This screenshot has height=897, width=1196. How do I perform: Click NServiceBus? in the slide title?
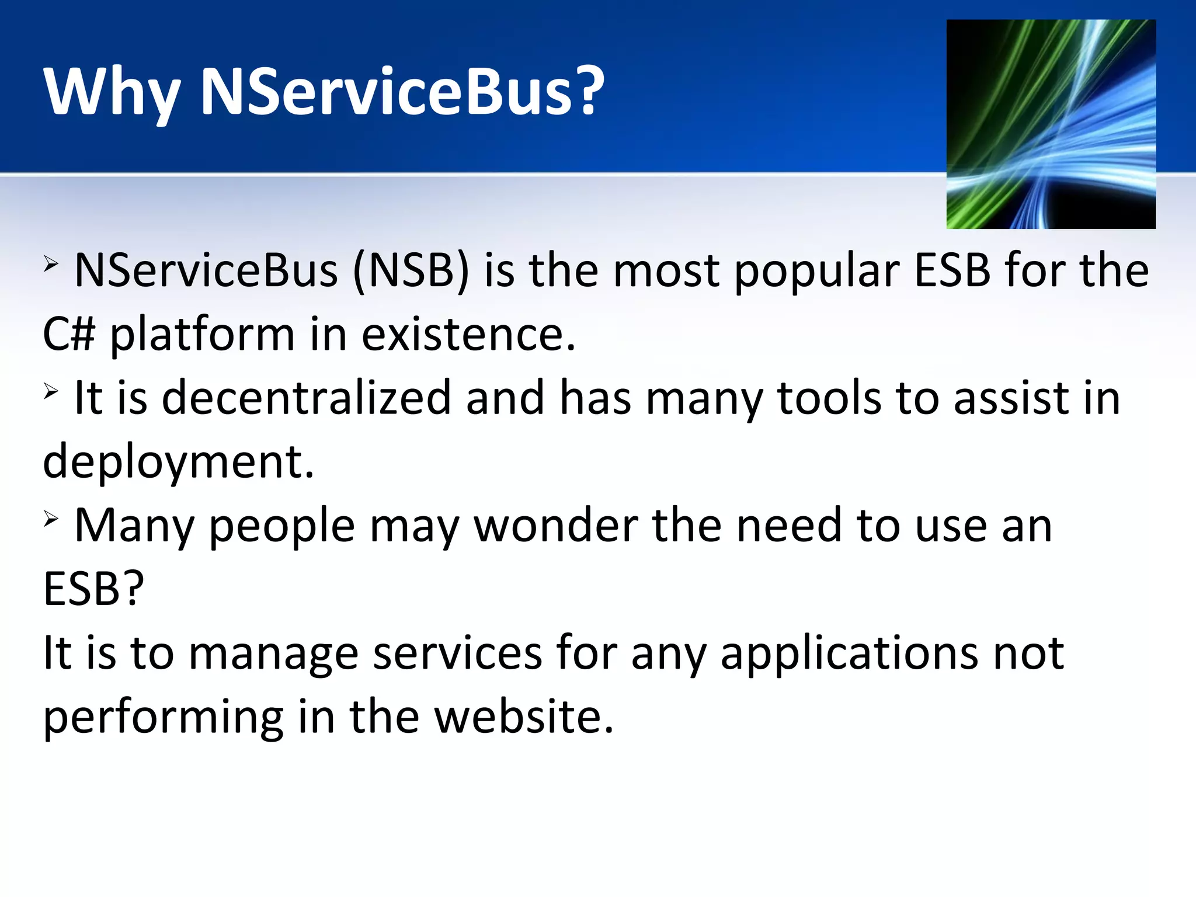tap(402, 91)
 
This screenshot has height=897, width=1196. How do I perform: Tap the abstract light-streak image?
tap(1051, 124)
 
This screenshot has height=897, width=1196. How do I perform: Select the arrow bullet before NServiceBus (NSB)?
tap(51, 265)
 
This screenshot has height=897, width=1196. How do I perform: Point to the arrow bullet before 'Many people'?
tap(51, 519)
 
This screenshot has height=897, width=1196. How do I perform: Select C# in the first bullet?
tap(69, 335)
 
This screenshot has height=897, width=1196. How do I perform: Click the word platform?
tap(202, 335)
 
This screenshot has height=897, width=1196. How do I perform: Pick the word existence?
tap(468, 335)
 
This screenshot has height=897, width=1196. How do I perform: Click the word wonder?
tap(555, 526)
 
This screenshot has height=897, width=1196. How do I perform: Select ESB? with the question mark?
tap(93, 589)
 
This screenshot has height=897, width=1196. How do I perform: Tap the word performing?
tap(163, 717)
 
